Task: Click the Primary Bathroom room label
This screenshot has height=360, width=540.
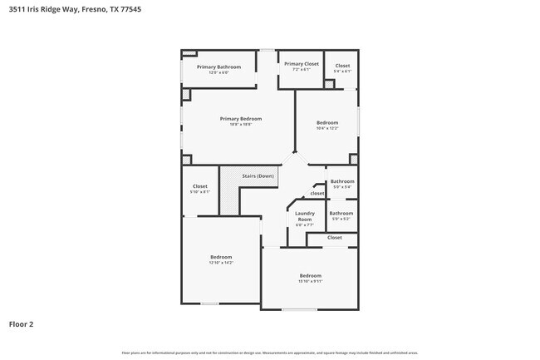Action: tap(218, 67)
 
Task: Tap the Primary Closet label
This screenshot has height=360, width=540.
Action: tap(301, 64)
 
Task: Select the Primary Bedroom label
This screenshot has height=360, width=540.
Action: tap(235, 118)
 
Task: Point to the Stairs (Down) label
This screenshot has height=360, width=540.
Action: tap(258, 176)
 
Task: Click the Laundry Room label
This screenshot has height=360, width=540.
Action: tap(304, 216)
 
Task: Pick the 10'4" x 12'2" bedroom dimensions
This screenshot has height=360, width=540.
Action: tap(327, 128)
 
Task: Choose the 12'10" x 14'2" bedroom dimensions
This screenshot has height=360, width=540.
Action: tap(221, 263)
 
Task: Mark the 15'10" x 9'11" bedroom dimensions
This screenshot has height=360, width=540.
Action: tap(310, 281)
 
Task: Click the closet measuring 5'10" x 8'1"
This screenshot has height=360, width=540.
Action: tap(199, 192)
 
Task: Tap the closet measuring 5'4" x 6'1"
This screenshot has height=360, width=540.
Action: tap(342, 72)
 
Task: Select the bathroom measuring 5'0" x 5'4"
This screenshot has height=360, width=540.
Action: tap(341, 187)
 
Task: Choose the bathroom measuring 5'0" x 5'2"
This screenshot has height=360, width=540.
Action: tap(341, 219)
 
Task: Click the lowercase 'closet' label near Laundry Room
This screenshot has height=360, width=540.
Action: tap(317, 194)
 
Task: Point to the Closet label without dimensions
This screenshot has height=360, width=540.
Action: tap(334, 238)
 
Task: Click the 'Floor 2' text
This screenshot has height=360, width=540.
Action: tap(22, 323)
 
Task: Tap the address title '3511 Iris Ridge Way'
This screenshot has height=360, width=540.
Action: tap(46, 10)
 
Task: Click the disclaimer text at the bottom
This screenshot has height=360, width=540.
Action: tap(270, 353)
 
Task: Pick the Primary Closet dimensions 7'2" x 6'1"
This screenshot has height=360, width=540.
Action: tap(301, 69)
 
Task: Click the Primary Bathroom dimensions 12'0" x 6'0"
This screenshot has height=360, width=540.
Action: tap(218, 72)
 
